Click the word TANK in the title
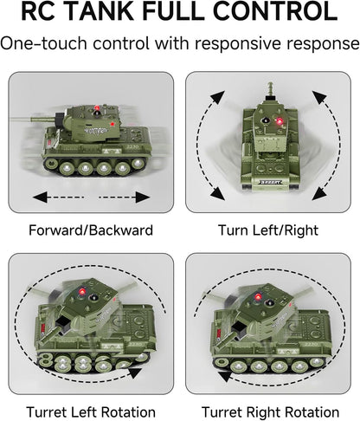[x=102, y=11]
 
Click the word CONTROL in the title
[x=275, y=11]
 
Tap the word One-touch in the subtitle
[x=44, y=43]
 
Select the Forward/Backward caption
[x=91, y=230]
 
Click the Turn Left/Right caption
[x=268, y=230]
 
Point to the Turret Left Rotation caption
[x=91, y=412]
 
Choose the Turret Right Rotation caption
[x=270, y=412]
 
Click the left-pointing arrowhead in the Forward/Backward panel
[x=40, y=198]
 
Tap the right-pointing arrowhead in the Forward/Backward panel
[x=143, y=198]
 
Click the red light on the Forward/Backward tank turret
[x=97, y=108]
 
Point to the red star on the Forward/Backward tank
[x=112, y=124]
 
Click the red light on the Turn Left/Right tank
[x=280, y=121]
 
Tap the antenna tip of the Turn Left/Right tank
[x=270, y=84]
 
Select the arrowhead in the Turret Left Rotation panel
[x=135, y=372]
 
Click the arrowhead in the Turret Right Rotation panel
[x=225, y=377]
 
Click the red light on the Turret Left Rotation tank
[x=82, y=291]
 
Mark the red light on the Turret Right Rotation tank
[x=258, y=297]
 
